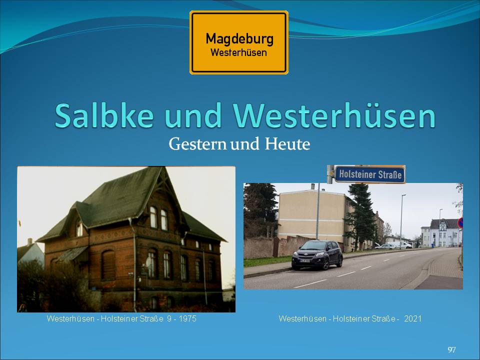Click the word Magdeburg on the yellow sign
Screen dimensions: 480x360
[x=239, y=39]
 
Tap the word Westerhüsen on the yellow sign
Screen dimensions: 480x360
[x=239, y=52]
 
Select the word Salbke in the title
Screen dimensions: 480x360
[x=104, y=116]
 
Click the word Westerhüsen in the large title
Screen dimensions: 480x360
[x=334, y=116]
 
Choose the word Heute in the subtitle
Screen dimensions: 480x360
[x=287, y=144]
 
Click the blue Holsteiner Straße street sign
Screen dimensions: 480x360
[x=370, y=174]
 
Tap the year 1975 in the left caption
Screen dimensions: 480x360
[x=187, y=318]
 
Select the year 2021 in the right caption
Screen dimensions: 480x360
[x=412, y=318]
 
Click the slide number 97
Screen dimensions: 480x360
[x=451, y=349]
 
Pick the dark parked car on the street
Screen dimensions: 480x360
[x=317, y=254]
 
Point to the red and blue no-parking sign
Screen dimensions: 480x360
[x=460, y=223]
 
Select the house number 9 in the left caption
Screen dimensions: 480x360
[x=169, y=318]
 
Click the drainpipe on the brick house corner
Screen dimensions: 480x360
[x=133, y=264]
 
